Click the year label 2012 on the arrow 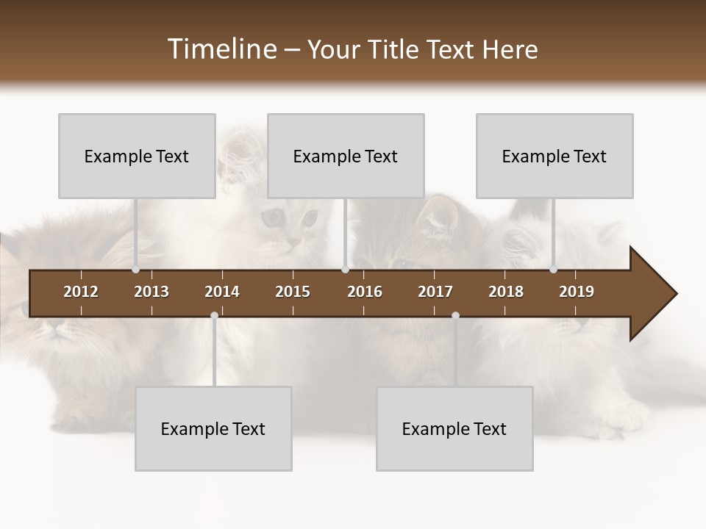[81, 292]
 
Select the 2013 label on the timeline [151, 292]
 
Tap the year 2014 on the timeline [222, 292]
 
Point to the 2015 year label [293, 292]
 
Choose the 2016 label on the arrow [365, 292]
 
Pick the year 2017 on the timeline [435, 292]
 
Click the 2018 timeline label [506, 292]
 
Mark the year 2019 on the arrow [577, 292]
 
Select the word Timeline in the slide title [221, 49]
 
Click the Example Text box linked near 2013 [137, 156]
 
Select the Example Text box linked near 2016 [346, 156]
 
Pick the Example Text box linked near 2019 [555, 156]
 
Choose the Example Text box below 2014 [213, 428]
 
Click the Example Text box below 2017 [454, 428]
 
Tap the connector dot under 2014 [214, 315]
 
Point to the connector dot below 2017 [455, 315]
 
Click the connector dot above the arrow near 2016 [345, 270]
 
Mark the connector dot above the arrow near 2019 [553, 270]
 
